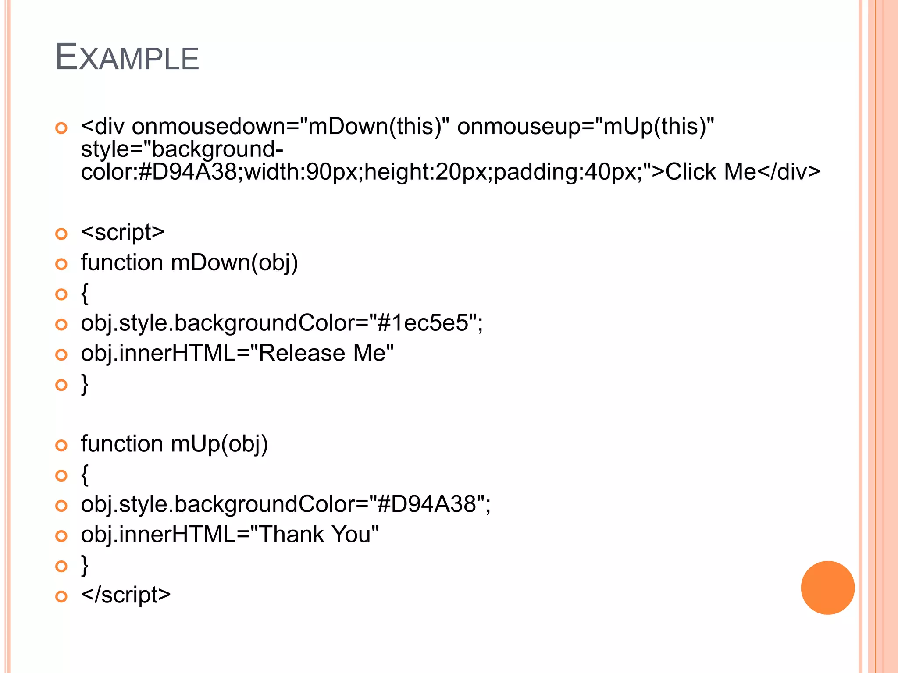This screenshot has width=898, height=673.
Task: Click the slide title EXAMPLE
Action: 127,57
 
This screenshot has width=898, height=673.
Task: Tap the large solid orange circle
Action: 827,588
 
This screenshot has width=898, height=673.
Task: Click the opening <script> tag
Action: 123,232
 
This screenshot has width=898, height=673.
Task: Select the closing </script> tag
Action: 126,595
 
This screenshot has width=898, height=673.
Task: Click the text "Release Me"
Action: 326,353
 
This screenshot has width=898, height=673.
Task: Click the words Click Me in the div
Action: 711,171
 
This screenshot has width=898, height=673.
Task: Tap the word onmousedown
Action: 208,127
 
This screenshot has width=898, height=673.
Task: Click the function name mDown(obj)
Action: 235,263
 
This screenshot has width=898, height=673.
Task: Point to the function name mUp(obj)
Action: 219,444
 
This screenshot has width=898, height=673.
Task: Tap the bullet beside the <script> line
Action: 61,234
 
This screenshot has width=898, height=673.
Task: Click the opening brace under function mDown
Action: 85,294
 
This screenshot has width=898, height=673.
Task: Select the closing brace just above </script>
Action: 85,565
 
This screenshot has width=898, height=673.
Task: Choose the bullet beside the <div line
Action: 61,128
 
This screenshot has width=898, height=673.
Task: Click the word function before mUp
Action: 122,444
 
